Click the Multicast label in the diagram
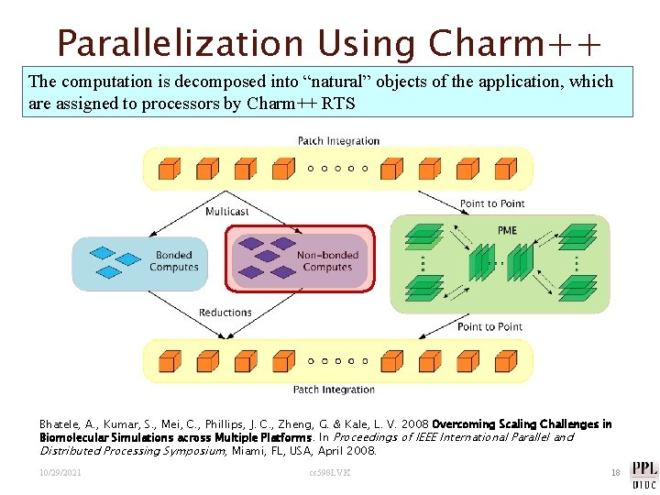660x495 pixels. click(226, 212)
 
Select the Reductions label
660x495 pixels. click(225, 313)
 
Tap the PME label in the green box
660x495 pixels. click(507, 229)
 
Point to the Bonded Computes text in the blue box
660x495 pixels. click(173, 261)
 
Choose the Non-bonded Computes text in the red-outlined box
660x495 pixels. click(326, 261)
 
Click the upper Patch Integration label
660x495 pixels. click(338, 140)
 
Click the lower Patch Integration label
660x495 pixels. click(334, 390)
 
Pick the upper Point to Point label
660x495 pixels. click(492, 203)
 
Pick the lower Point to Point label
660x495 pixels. click(489, 326)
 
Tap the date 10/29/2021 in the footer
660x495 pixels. click(60, 473)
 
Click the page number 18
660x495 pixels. click(616, 473)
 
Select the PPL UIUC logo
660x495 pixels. click(643, 473)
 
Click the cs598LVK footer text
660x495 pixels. click(330, 473)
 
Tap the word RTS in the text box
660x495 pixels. click(337, 104)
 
